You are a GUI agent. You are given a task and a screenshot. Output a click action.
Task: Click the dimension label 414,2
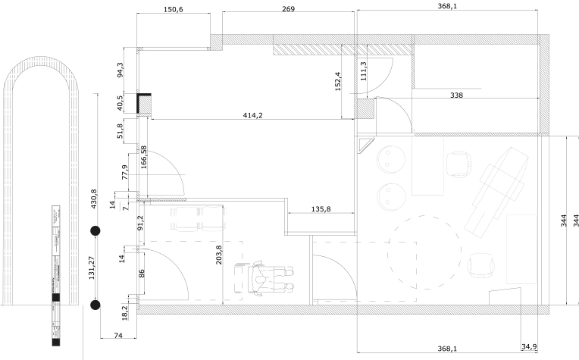pos(258,115)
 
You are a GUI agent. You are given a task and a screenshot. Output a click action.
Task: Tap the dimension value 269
pos(288,10)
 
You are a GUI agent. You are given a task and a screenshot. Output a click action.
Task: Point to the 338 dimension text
pos(456,95)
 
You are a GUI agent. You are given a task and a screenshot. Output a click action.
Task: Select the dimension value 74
pos(118,334)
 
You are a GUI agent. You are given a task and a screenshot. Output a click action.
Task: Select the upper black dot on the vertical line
pos(95,230)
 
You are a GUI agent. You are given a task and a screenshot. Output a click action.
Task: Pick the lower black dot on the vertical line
pos(95,305)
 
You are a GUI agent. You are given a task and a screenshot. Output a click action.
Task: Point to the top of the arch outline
pos(41,58)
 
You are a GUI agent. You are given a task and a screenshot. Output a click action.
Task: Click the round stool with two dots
pos(392,158)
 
